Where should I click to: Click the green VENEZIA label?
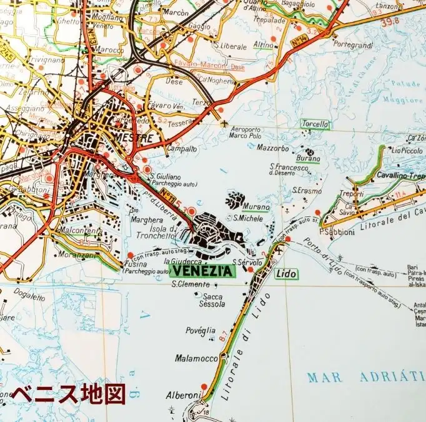201,271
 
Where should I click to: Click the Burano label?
312,159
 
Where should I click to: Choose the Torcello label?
315,124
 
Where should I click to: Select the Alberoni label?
184,394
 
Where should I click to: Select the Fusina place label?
136,264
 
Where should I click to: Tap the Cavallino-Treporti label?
400,176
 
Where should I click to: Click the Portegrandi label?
354,45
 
